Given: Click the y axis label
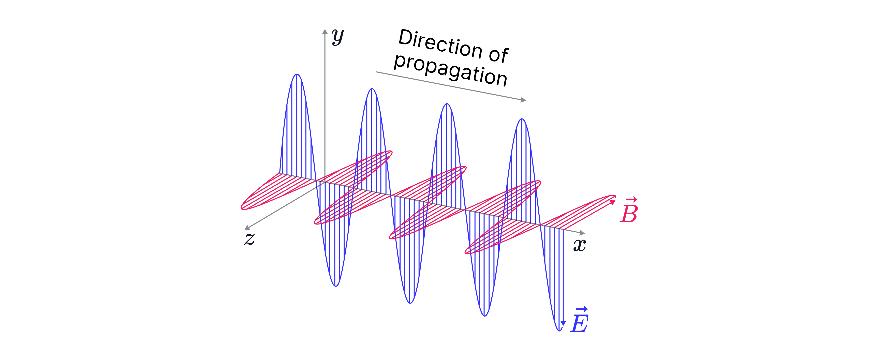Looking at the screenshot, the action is (338, 37).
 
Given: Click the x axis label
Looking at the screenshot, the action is (580, 245).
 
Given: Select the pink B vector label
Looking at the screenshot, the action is (629, 210).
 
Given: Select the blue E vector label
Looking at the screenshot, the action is (579, 320).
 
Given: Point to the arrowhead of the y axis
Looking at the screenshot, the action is (325, 31).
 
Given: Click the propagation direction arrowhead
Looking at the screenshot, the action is (523, 100).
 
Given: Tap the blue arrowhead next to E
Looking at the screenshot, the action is (563, 323).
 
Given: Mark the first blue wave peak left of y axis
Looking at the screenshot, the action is (297, 74).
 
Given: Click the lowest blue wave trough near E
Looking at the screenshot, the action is (559, 331).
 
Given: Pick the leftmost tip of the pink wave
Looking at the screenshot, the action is (242, 208).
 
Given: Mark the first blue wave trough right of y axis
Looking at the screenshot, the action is (336, 286).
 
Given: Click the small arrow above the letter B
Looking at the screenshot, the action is (631, 199).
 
